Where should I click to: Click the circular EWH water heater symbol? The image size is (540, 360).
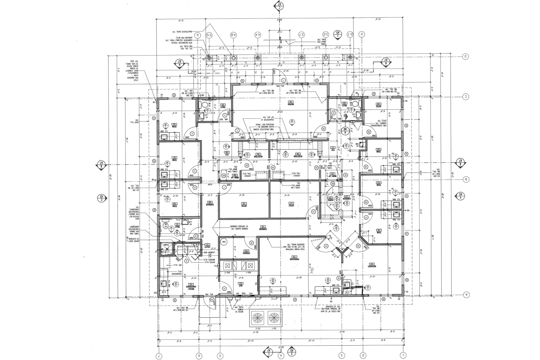223,242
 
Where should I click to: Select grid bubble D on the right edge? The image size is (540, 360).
466,56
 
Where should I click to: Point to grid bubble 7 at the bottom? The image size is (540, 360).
159,356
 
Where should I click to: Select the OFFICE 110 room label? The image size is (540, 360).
244,206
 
